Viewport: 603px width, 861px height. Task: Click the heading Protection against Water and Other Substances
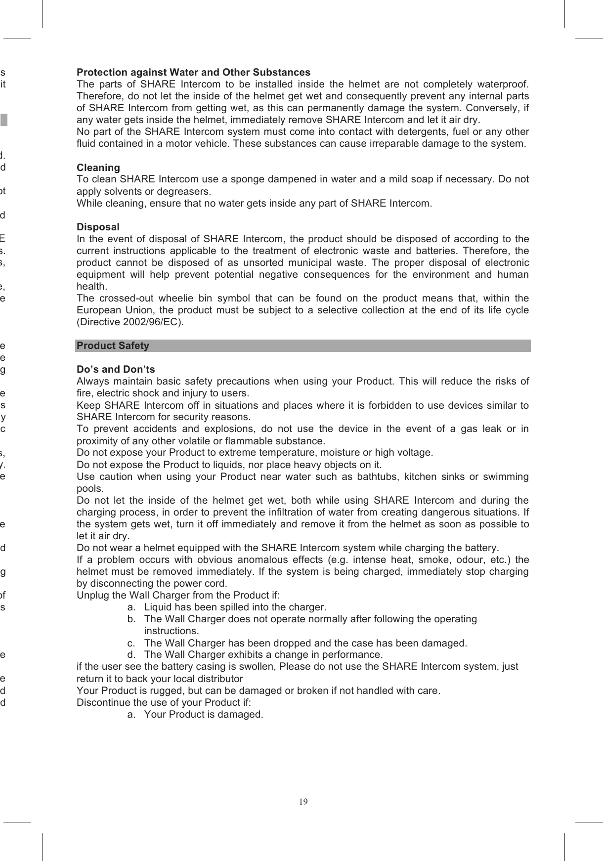[x=193, y=72]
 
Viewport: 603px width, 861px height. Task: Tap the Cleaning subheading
[x=98, y=168]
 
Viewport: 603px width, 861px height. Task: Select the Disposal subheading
[x=98, y=227]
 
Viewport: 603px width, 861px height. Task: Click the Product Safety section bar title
[x=113, y=345]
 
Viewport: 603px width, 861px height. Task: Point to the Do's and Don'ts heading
[x=116, y=369]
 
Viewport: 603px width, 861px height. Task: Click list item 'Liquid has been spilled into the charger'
[x=235, y=607]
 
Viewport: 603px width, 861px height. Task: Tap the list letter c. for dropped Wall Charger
[x=131, y=643]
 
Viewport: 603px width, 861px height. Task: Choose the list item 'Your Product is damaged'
[x=203, y=715]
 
